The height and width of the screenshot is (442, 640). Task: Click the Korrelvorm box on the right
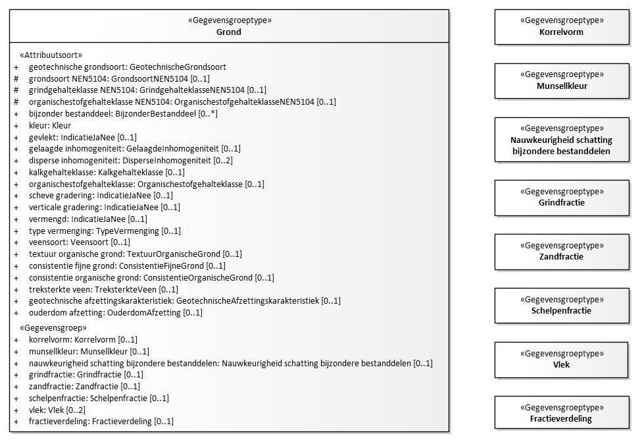(562, 27)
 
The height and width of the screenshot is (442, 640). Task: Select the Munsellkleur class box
(562, 81)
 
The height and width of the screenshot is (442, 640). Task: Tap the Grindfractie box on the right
(562, 198)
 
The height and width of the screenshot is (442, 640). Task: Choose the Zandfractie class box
(562, 252)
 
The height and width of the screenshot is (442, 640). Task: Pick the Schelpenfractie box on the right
(562, 306)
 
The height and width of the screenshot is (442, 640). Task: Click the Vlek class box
(562, 360)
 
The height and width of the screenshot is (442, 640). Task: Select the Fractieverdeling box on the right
(562, 413)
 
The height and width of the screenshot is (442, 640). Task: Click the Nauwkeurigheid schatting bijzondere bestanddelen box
(562, 140)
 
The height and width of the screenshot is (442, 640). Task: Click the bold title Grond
(229, 32)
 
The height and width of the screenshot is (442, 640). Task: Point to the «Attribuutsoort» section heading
(51, 55)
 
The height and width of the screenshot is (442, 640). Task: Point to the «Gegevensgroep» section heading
(53, 327)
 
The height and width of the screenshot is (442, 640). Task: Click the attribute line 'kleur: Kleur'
(50, 126)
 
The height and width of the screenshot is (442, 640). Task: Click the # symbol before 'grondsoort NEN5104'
(16, 78)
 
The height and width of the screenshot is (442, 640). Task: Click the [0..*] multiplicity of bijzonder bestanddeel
(208, 114)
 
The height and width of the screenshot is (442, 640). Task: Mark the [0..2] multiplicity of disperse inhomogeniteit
(223, 160)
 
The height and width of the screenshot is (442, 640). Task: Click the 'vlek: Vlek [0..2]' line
(57, 410)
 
